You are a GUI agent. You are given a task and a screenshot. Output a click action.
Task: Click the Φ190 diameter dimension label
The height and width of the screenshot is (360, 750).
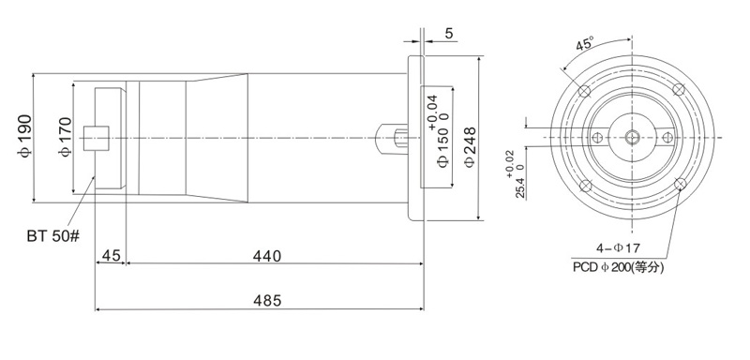(x=25, y=137)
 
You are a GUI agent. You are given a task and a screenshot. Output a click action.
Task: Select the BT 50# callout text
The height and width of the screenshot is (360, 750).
(x=53, y=236)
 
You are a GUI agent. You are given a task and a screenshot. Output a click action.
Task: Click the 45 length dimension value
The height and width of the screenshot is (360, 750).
(x=111, y=256)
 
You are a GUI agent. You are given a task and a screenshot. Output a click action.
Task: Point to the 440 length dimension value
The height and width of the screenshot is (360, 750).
(x=267, y=256)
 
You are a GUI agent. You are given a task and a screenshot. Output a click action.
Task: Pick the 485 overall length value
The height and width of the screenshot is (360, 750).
(x=267, y=301)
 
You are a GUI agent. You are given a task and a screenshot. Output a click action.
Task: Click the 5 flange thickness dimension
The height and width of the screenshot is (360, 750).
(x=449, y=34)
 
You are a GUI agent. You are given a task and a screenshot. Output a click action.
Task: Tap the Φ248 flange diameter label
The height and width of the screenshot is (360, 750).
(x=470, y=147)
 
